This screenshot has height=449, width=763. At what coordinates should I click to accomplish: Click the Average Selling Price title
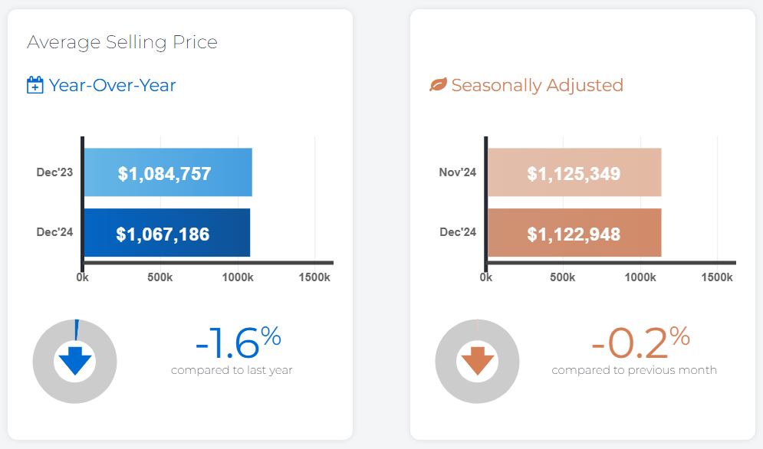pyautogui.click(x=122, y=42)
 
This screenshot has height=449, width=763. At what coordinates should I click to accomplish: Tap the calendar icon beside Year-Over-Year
pyautogui.click(x=35, y=85)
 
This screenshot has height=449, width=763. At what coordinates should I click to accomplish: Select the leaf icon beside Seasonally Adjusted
pyautogui.click(x=438, y=85)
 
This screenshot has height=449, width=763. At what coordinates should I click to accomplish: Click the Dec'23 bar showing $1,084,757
pyautogui.click(x=167, y=173)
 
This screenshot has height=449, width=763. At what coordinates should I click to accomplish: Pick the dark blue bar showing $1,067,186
pyautogui.click(x=166, y=233)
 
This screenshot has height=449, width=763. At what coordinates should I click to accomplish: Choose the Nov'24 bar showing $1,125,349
pyautogui.click(x=574, y=173)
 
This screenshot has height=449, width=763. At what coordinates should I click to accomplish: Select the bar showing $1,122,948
pyautogui.click(x=574, y=233)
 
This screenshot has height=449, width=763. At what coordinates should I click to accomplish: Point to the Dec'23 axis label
pyautogui.click(x=54, y=172)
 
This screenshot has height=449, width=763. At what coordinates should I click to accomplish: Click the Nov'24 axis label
pyautogui.click(x=458, y=172)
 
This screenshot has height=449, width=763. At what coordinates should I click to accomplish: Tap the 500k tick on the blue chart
pyautogui.click(x=160, y=277)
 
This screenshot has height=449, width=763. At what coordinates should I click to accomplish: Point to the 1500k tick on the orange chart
pyautogui.click(x=717, y=277)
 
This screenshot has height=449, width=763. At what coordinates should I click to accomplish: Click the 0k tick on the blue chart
pyautogui.click(x=82, y=277)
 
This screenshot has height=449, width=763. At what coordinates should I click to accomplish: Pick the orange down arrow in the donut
pyautogui.click(x=478, y=360)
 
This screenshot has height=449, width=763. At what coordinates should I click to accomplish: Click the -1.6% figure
pyautogui.click(x=238, y=343)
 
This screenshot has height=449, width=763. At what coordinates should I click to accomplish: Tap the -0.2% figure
pyautogui.click(x=640, y=343)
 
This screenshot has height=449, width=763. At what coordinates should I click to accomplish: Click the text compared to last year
pyautogui.click(x=232, y=370)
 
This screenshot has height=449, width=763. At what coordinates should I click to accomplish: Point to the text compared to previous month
pyautogui.click(x=634, y=370)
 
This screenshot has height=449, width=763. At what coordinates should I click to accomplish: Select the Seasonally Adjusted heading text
pyautogui.click(x=537, y=85)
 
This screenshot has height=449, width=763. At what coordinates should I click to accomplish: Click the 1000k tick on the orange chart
pyautogui.click(x=640, y=277)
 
